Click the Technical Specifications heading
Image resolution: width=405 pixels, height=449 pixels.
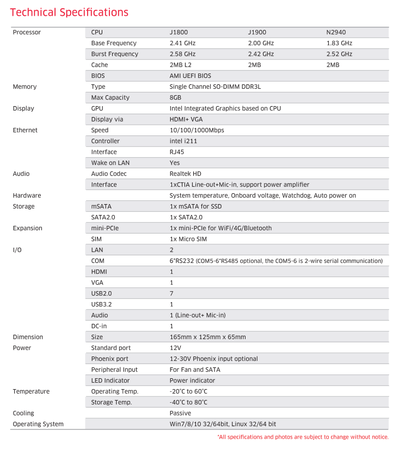pyautogui.click(x=70, y=13)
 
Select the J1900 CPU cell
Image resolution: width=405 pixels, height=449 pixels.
pyautogui.click(x=257, y=32)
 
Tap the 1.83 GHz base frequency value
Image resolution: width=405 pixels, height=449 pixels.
pyautogui.click(x=339, y=43)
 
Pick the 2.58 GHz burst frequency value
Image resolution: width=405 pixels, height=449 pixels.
pyautogui.click(x=182, y=54)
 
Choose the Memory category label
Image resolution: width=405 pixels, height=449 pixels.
pyautogui.click(x=24, y=87)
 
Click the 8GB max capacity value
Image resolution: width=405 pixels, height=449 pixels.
pyautogui.click(x=175, y=97)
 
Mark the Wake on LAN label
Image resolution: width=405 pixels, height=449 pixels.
pyautogui.click(x=111, y=163)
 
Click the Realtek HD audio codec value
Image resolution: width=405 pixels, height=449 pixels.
pyautogui.click(x=185, y=174)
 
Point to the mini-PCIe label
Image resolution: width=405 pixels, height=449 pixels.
pyautogui.click(x=105, y=228)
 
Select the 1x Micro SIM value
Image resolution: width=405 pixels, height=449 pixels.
pyautogui.click(x=188, y=239)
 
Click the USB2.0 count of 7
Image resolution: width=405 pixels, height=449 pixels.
pyautogui.click(x=171, y=293)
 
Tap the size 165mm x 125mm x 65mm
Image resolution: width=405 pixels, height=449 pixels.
pyautogui.click(x=207, y=337)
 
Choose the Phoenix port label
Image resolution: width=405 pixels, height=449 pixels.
pyautogui.click(x=110, y=359)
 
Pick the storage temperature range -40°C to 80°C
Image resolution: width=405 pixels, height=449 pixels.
pyautogui.click(x=188, y=402)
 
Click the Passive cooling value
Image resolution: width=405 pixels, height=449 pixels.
pyautogui.click(x=180, y=413)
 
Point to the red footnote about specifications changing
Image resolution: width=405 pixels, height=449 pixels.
pyautogui.click(x=303, y=437)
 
